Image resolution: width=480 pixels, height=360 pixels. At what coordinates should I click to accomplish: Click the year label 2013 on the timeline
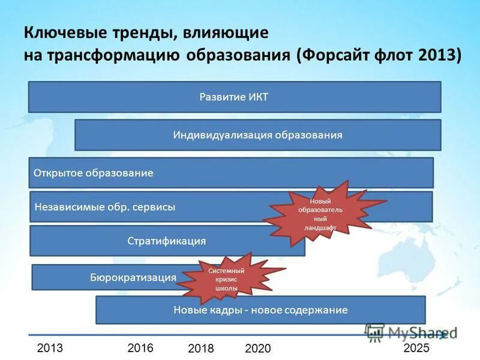pyautogui.click(x=50, y=348)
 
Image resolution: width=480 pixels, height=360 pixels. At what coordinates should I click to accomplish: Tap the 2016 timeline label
pyautogui.click(x=141, y=348)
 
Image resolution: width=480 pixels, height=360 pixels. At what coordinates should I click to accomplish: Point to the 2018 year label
pyautogui.click(x=201, y=349)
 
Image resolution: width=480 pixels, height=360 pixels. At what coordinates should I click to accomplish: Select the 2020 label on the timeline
pyautogui.click(x=258, y=349)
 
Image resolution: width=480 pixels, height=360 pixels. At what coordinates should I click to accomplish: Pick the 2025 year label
pyautogui.click(x=416, y=348)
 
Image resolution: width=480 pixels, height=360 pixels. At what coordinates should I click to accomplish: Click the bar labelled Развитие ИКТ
pyautogui.click(x=234, y=97)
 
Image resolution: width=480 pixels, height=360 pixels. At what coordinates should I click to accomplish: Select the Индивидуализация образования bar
pyautogui.click(x=257, y=135)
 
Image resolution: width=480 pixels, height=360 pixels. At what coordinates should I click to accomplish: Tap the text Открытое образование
pyautogui.click(x=94, y=173)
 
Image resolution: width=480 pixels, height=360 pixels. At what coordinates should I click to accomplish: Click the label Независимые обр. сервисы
pyautogui.click(x=105, y=207)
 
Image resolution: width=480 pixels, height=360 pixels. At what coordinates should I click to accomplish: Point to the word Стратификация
pyautogui.click(x=166, y=241)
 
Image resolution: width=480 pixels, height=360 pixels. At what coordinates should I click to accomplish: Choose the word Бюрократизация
pyautogui.click(x=133, y=277)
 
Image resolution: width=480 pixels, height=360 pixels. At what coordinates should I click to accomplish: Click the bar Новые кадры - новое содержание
pyautogui.click(x=260, y=310)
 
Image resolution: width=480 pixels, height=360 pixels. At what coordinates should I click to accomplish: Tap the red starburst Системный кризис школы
pyautogui.click(x=223, y=280)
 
